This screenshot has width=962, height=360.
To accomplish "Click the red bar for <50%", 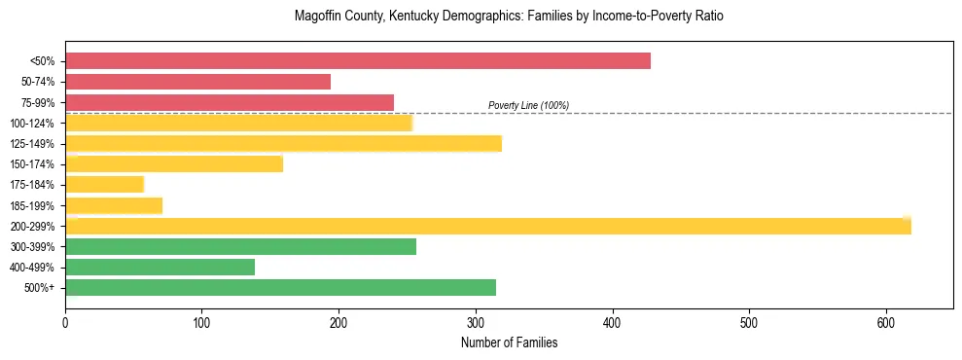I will click(357, 61).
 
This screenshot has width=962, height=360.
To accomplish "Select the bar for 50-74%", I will click(197, 82).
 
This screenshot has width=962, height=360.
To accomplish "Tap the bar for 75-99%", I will click(230, 102).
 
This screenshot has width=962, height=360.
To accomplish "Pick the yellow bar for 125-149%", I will click(283, 144).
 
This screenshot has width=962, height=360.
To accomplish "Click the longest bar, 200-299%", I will click(487, 227).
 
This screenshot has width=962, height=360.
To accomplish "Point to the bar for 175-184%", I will click(104, 185).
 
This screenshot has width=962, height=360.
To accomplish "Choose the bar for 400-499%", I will click(160, 268).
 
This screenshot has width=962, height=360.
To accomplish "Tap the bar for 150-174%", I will click(174, 164).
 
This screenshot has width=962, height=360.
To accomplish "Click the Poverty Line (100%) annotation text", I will click(528, 105).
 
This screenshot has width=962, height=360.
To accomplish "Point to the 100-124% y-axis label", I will click(32, 124).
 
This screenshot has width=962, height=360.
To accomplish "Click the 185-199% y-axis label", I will click(32, 206).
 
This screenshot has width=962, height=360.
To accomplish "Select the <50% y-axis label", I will click(43, 61).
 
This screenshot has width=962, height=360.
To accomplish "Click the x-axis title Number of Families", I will click(509, 342).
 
